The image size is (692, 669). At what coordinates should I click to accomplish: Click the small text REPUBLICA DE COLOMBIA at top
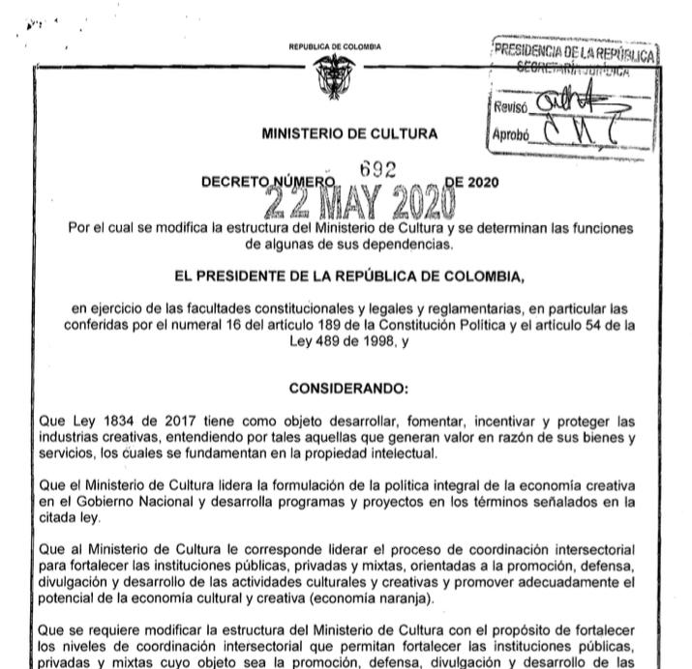334,46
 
